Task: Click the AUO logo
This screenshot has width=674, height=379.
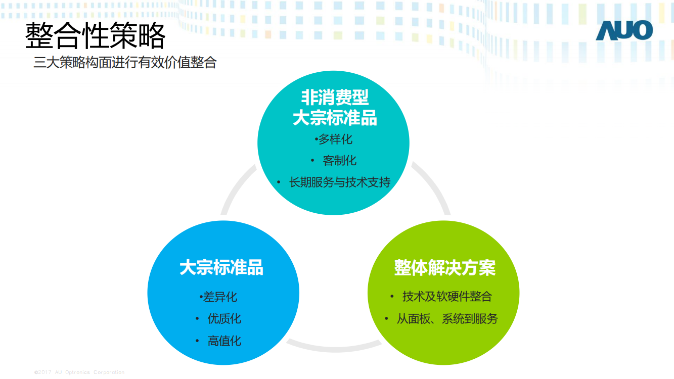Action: pos(624,30)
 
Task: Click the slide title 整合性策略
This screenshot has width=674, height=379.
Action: pos(95,35)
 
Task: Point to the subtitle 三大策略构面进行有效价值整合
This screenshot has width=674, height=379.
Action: pos(125,63)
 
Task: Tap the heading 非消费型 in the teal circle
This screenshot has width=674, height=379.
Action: pos(335,97)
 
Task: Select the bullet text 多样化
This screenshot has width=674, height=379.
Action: pos(335,139)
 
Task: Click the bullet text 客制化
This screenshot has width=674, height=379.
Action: pos(339,161)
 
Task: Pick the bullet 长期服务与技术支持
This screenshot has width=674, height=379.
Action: pos(340,182)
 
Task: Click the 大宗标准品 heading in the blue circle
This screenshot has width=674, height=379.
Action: pos(221,267)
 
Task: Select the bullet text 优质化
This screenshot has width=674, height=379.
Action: pos(224,318)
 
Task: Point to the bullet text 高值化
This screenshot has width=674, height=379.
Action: pos(224,341)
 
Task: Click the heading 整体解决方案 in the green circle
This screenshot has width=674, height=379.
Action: pos(445,267)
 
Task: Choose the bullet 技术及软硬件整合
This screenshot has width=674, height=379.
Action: pos(447,297)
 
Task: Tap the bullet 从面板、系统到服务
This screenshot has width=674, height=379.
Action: pos(447,319)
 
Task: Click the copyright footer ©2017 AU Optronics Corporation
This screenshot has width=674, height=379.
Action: pos(79,372)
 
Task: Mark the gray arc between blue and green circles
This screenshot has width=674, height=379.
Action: pos(334,349)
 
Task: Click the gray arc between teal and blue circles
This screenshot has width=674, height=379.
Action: pos(235,186)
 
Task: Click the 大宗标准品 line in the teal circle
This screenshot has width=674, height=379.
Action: pos(335,118)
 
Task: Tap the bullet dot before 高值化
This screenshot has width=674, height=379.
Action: pos(197,341)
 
